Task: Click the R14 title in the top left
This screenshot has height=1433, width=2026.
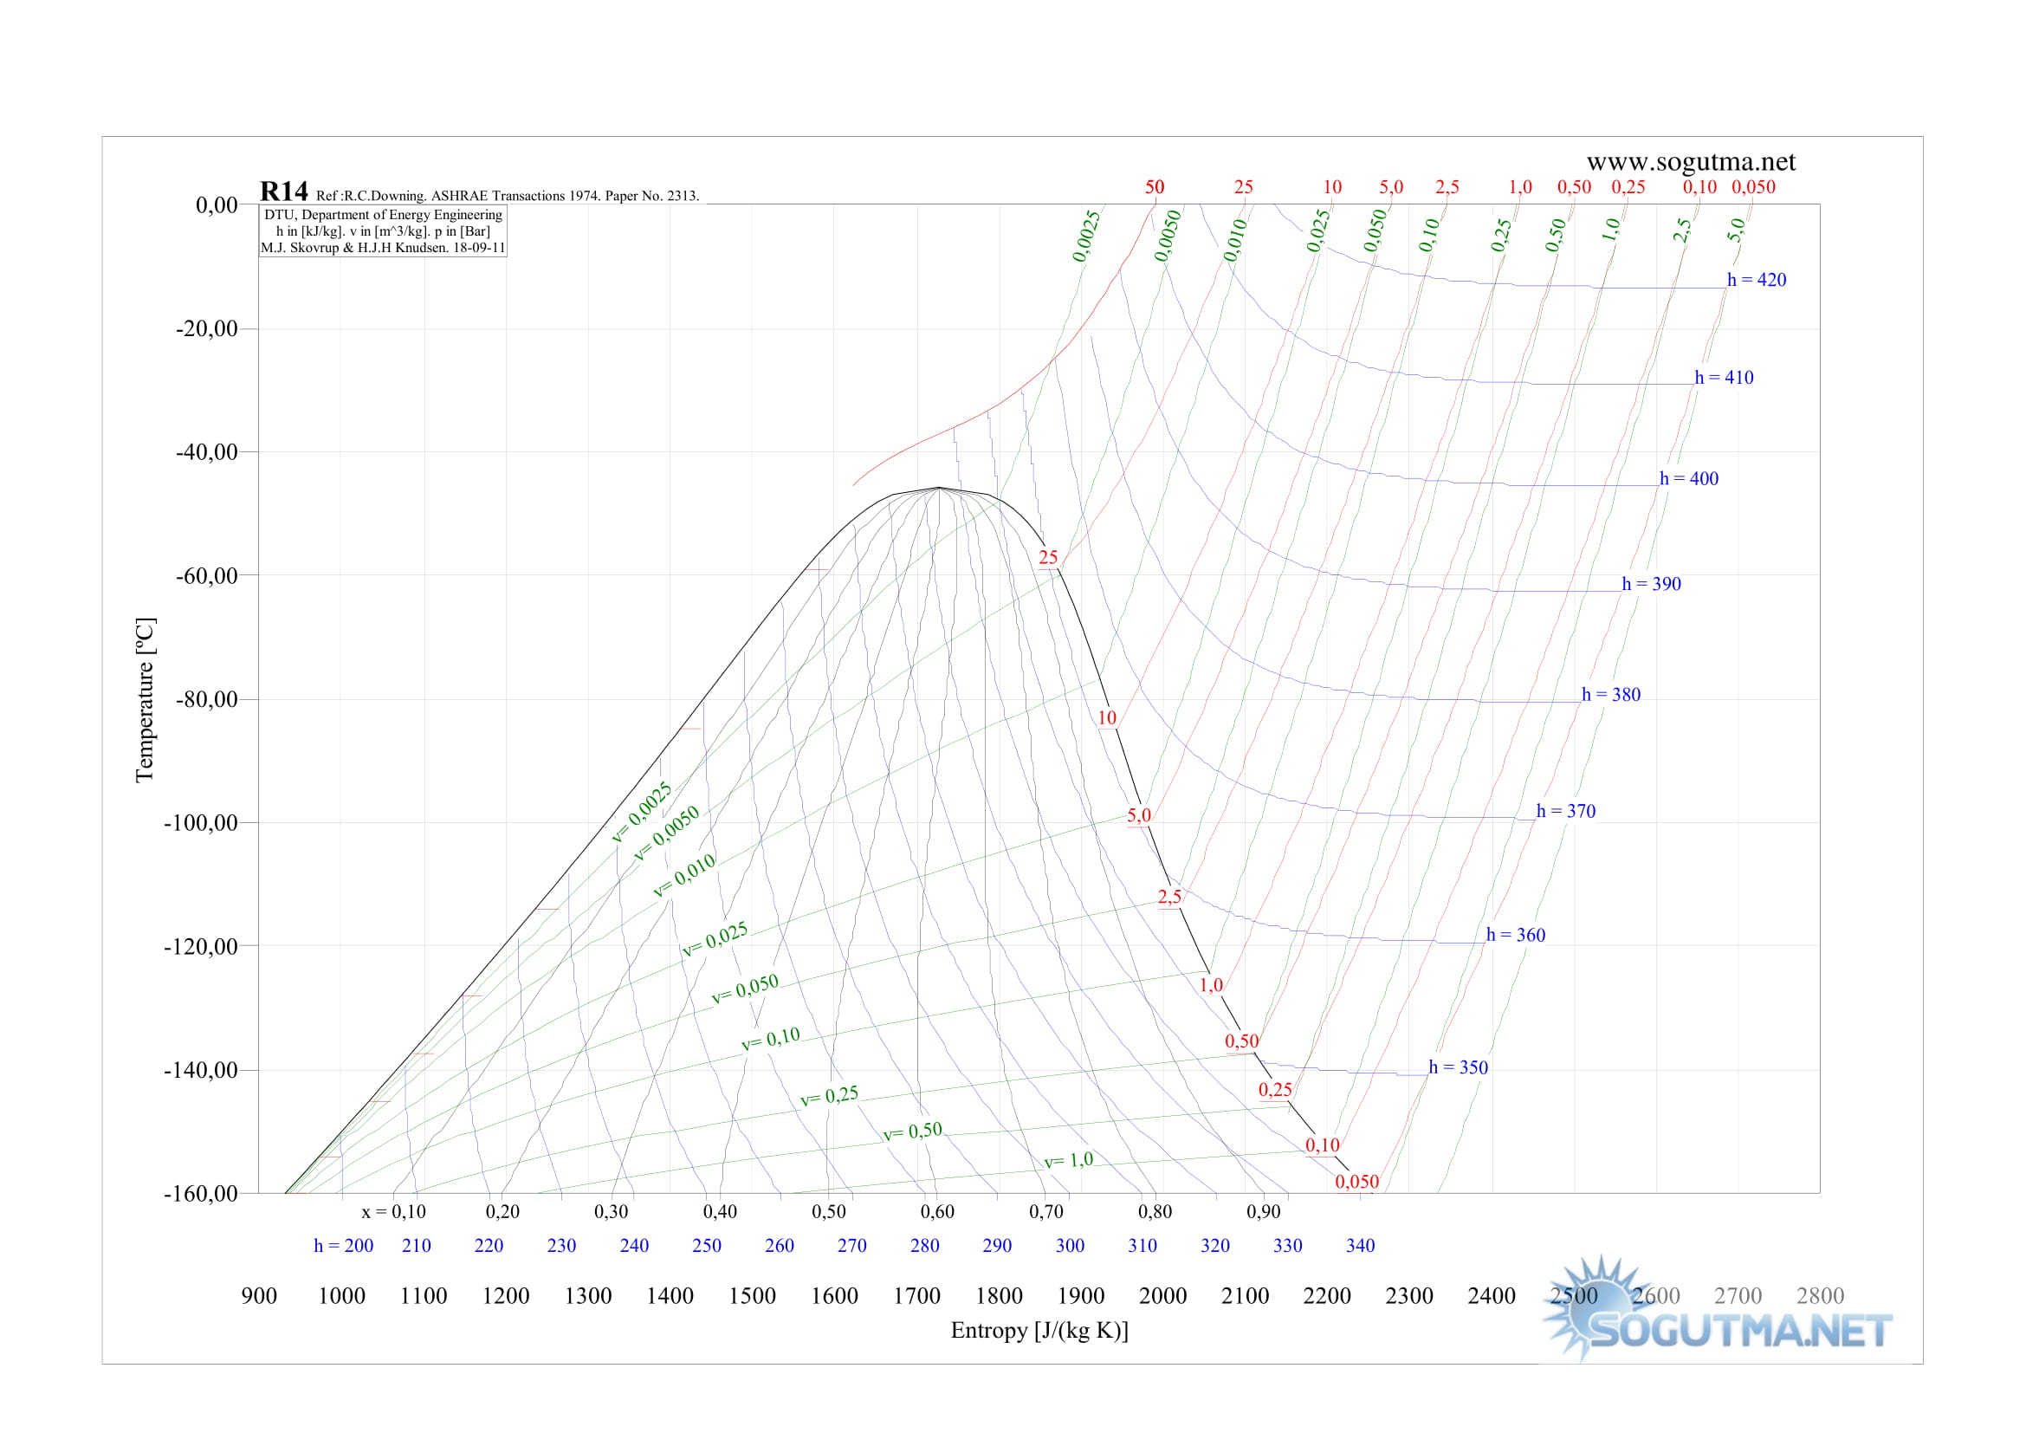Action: point(283,191)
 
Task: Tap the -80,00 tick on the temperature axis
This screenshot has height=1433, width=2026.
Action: point(206,699)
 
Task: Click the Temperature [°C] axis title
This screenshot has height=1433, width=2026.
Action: point(145,699)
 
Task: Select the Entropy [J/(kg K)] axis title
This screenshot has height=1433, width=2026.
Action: point(1039,1330)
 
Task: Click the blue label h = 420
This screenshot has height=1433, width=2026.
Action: point(1756,280)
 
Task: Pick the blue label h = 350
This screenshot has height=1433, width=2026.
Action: point(1458,1067)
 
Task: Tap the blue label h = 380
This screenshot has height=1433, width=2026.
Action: point(1610,695)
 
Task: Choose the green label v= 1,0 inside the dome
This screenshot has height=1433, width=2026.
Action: point(1068,1160)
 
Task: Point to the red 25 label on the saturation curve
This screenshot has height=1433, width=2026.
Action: point(1047,558)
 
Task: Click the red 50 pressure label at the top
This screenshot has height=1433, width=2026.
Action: point(1154,187)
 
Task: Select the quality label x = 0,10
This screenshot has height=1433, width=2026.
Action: point(393,1211)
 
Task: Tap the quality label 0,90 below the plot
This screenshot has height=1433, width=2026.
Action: point(1263,1211)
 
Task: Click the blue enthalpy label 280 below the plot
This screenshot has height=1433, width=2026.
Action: point(924,1245)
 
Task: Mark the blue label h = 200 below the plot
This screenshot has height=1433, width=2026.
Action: point(343,1245)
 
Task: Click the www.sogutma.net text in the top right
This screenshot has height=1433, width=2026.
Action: point(1690,162)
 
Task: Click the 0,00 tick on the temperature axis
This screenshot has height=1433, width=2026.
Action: point(217,204)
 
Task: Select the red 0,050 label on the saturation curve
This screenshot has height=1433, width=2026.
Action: point(1356,1182)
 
